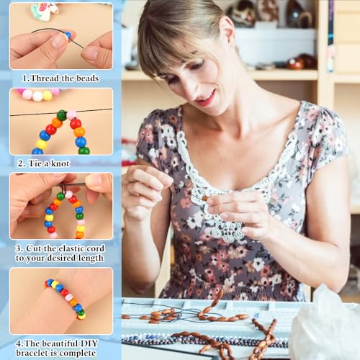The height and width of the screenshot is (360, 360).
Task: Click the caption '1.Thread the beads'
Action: [x=60, y=78]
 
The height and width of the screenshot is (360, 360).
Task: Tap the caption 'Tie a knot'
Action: [x=60, y=163]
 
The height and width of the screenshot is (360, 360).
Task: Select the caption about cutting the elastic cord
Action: [x=60, y=253]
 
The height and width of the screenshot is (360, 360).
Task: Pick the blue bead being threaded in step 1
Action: [x=67, y=35]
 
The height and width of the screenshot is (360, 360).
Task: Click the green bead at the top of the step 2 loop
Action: [x=62, y=114]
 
